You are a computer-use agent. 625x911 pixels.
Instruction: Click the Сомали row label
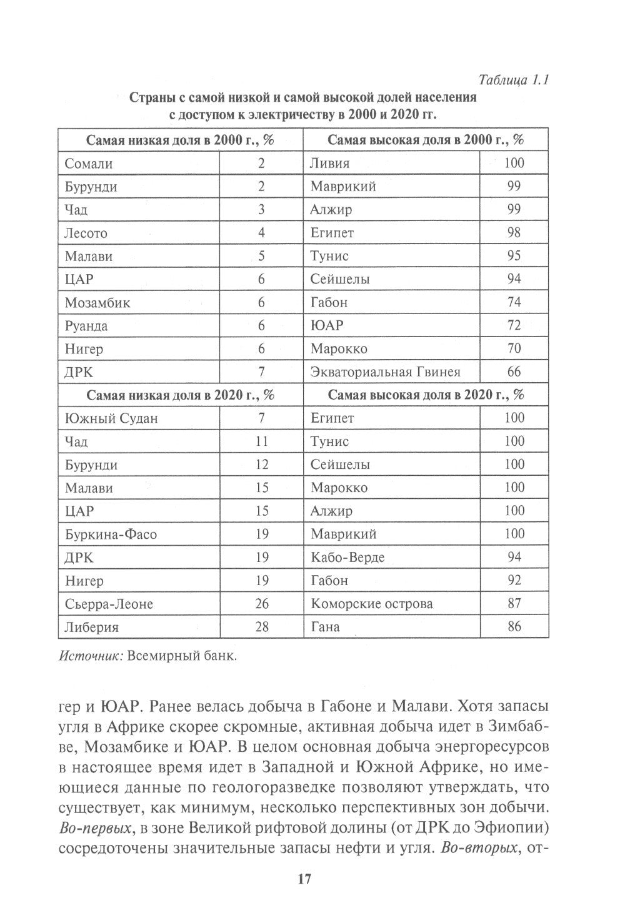coord(89,164)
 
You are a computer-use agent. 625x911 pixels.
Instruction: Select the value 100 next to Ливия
coord(514,163)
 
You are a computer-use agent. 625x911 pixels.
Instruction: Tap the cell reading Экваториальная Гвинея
coord(385,372)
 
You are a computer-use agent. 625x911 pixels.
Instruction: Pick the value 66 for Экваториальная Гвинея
coord(514,372)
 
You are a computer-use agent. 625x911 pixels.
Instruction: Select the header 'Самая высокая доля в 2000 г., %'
coord(426,140)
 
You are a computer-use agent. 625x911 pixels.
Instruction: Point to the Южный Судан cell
coord(111,418)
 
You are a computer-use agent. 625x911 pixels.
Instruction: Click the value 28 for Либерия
coord(261,626)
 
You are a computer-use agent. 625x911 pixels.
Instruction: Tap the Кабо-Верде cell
coord(347,557)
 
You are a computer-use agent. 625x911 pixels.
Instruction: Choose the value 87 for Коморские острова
coord(514,604)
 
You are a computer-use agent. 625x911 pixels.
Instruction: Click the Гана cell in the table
coord(325,627)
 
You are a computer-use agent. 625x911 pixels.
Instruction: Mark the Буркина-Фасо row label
coord(111,534)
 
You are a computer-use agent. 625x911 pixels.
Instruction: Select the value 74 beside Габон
coord(514,302)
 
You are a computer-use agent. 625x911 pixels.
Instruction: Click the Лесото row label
coord(86,234)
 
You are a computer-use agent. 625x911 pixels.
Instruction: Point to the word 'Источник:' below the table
coord(89,656)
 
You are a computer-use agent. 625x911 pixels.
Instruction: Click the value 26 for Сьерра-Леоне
coord(261,604)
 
